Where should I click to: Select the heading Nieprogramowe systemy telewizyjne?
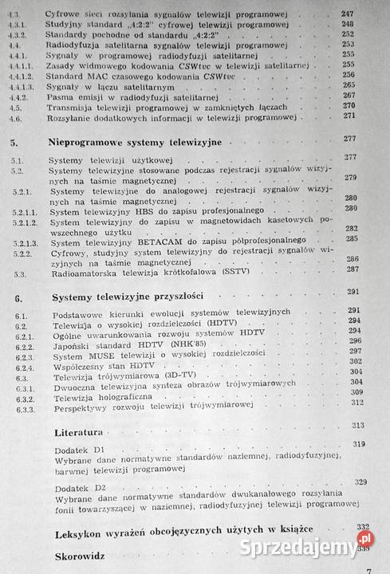point(129,140)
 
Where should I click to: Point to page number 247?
point(368,14)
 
